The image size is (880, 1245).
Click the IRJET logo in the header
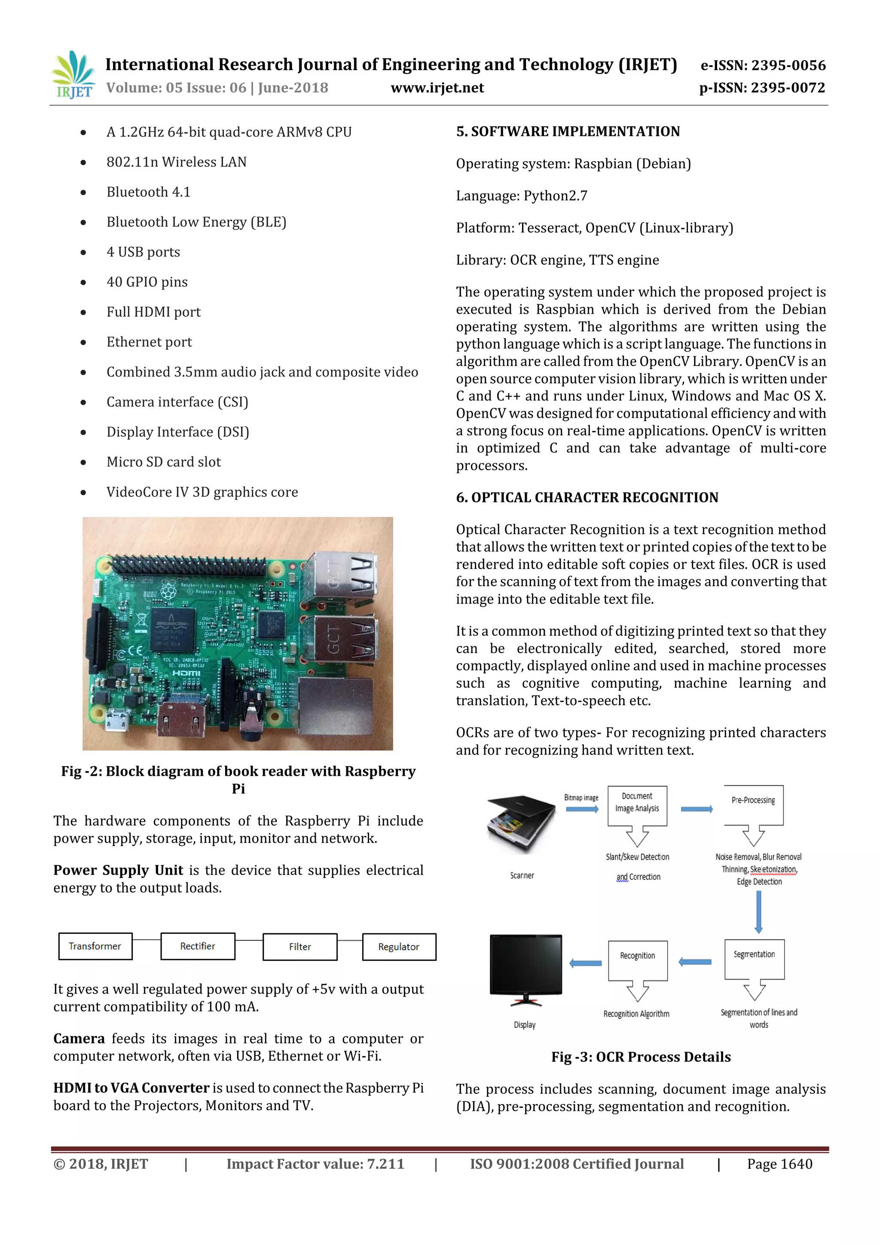(x=73, y=75)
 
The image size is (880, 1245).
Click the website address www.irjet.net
(x=437, y=88)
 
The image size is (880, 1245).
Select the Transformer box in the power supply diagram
(x=95, y=946)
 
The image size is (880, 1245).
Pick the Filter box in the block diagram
(x=300, y=947)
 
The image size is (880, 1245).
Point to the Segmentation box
(x=754, y=959)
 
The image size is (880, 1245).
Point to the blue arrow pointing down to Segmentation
(x=758, y=911)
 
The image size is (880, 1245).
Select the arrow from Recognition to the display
(x=586, y=963)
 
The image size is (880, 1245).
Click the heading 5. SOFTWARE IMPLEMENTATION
(x=568, y=132)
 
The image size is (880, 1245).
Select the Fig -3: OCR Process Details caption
(x=641, y=1057)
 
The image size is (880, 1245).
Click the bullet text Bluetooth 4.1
(x=149, y=192)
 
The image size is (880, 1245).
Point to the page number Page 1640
(x=779, y=1164)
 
